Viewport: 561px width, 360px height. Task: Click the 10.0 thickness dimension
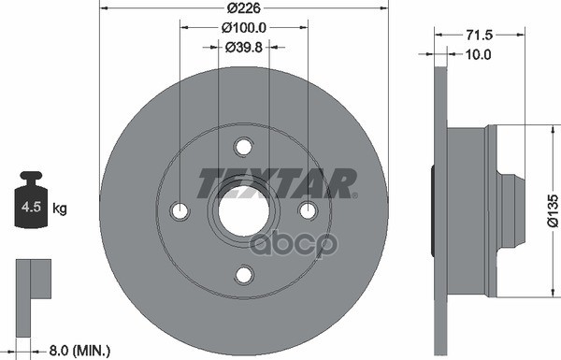pyautogui.click(x=479, y=55)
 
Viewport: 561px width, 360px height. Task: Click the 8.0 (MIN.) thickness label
pyautogui.click(x=79, y=350)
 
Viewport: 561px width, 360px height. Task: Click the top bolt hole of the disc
pyautogui.click(x=243, y=147)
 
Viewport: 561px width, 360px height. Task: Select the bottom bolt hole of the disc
pyautogui.click(x=243, y=275)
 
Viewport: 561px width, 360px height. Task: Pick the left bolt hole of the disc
pyautogui.click(x=180, y=211)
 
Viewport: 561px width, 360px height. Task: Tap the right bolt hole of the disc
pyautogui.click(x=307, y=211)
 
